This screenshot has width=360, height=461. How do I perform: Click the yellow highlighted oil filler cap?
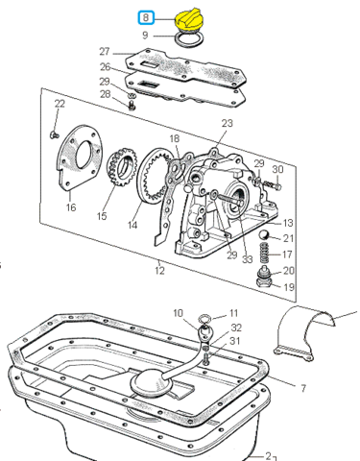(x=189, y=21)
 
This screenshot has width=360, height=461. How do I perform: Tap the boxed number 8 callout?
(x=146, y=17)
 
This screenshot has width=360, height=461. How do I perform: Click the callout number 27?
(x=105, y=52)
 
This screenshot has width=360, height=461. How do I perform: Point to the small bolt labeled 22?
(x=54, y=134)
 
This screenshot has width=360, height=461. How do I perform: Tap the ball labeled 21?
(x=265, y=235)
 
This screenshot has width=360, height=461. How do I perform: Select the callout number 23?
(x=227, y=123)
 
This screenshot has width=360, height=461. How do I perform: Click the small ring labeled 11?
(x=204, y=319)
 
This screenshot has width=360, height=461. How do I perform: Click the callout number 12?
(x=159, y=271)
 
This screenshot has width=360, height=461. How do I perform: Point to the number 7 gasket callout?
(x=303, y=388)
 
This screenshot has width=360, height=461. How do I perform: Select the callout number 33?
(x=247, y=259)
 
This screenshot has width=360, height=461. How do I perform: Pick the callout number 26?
(x=106, y=67)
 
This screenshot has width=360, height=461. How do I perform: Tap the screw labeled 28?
(x=132, y=105)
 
